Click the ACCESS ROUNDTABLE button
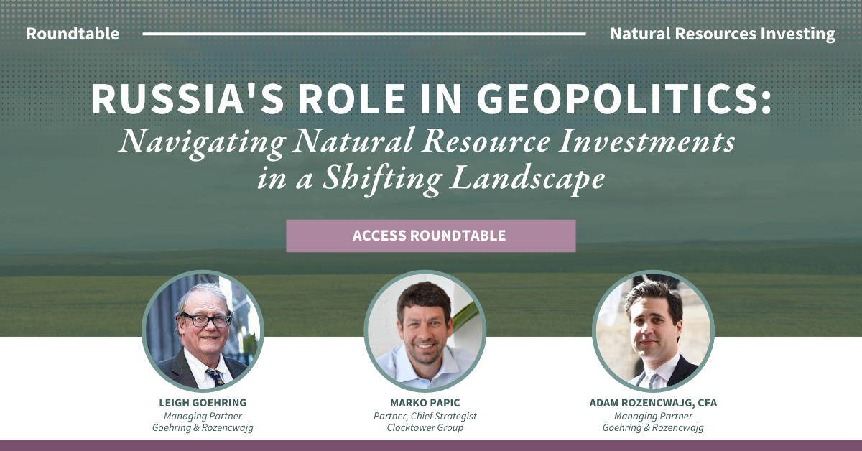coord(430,236)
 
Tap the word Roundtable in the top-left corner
coord(73,34)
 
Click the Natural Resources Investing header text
coord(722,34)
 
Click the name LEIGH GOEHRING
coord(202,403)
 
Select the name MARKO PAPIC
coord(425,403)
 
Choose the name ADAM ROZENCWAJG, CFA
coord(653,403)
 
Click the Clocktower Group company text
coord(425,428)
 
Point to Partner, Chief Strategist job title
coord(425,416)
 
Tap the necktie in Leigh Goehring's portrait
coord(214,376)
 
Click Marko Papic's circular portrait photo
coord(425,331)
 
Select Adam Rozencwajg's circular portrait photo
coord(653,331)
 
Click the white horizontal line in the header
coord(364,34)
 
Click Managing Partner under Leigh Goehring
coord(202,416)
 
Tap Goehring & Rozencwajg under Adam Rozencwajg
coord(653,428)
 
